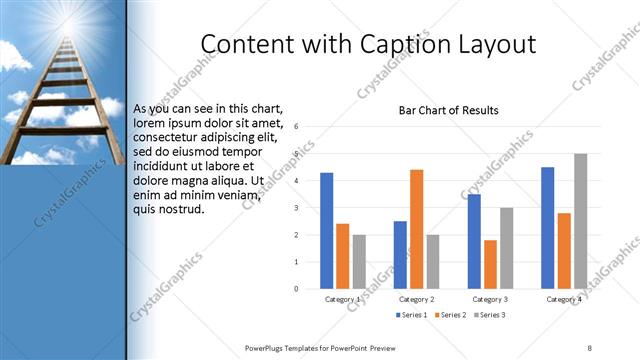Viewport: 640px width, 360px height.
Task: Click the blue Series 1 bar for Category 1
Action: click(326, 230)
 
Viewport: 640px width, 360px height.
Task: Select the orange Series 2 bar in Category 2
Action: click(416, 229)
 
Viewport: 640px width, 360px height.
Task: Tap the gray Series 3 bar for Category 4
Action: click(580, 221)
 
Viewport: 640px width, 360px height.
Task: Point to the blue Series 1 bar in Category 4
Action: click(547, 227)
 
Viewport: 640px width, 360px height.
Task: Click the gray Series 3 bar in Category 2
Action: click(432, 261)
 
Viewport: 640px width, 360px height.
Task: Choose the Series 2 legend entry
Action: click(449, 315)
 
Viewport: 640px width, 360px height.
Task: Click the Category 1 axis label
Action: click(343, 299)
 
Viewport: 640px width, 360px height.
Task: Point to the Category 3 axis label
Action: click(490, 299)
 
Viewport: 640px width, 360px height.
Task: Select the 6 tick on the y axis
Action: click(296, 127)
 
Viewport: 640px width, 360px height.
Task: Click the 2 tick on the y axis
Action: click(296, 235)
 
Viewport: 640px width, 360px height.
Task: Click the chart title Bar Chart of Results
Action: click(448, 110)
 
